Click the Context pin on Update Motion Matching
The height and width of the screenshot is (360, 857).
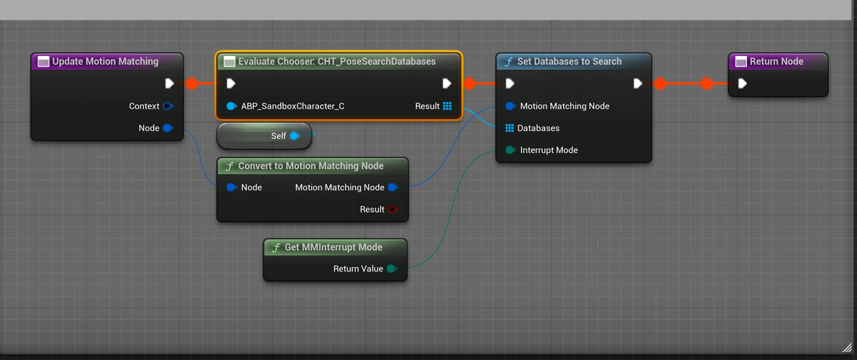coord(168,106)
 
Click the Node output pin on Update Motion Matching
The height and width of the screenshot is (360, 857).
coord(168,129)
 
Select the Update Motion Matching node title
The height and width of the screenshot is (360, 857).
coord(105,62)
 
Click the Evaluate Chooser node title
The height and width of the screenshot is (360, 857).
coord(336,62)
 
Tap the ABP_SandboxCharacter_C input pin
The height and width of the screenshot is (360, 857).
coord(231,106)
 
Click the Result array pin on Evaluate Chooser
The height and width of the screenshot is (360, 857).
coord(447,106)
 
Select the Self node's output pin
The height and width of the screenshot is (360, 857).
coord(294,136)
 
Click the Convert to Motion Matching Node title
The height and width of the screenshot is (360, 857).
coord(311,166)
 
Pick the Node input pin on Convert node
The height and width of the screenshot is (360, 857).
coord(231,188)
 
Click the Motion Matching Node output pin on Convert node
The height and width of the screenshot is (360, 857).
coord(393,188)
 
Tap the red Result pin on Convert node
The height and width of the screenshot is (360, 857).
coord(393,210)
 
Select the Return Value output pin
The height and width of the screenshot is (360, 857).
coord(391,269)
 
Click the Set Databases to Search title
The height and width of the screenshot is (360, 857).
coord(569,62)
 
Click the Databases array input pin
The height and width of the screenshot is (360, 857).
coord(510,128)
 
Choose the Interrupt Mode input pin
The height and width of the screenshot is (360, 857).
coord(510,150)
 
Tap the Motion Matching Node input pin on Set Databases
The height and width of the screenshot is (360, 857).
coord(510,106)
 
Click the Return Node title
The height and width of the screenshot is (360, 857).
coord(776,62)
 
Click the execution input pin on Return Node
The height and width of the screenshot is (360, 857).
coord(742,83)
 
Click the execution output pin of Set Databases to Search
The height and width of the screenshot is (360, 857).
coord(637,83)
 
